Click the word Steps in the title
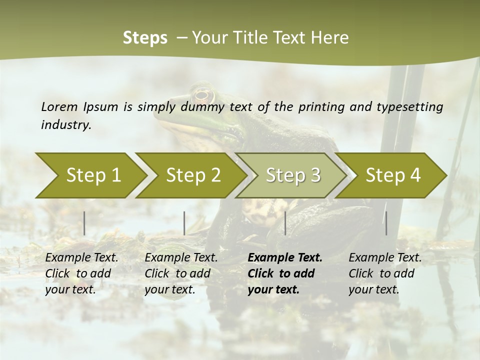[x=145, y=38]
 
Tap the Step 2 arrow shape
[x=192, y=175]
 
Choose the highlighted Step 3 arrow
[x=292, y=175]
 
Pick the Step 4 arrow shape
[x=392, y=175]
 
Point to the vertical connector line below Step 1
[x=84, y=223]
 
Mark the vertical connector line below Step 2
[x=184, y=223]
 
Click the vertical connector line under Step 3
[x=285, y=223]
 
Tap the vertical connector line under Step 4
[x=386, y=223]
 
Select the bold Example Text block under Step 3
[x=285, y=273]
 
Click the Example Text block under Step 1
[x=81, y=273]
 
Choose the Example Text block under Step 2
[x=181, y=273]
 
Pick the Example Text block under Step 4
[x=385, y=273]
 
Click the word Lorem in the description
[x=59, y=107]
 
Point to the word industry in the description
[x=65, y=125]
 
